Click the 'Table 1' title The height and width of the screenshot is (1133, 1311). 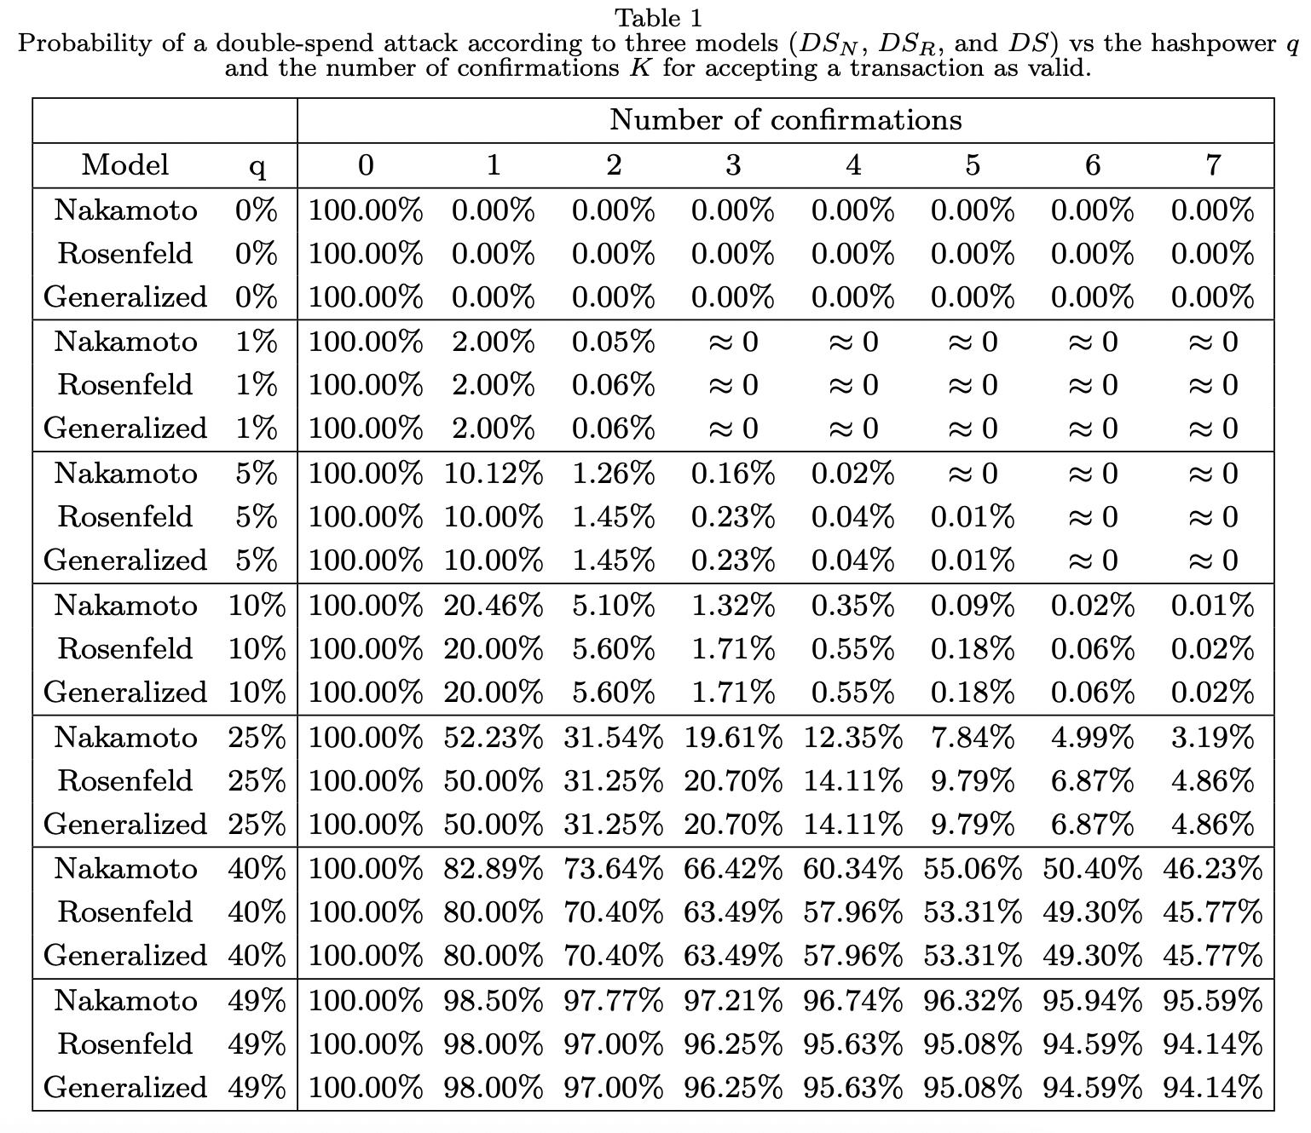[x=658, y=18]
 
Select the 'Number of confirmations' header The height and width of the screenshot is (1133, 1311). [x=785, y=120]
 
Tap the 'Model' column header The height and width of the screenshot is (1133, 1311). [x=125, y=165]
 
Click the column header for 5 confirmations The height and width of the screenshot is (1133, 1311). [x=973, y=165]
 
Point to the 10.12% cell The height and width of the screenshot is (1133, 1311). [x=493, y=474]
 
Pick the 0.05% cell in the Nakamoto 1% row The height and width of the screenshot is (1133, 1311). [x=613, y=342]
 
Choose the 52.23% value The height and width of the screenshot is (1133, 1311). [x=493, y=738]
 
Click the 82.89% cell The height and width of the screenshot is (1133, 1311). [x=493, y=869]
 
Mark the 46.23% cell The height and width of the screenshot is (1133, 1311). [x=1212, y=869]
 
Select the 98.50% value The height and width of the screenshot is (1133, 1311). [x=493, y=1000]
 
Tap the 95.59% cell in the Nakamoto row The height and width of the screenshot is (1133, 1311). [x=1212, y=1000]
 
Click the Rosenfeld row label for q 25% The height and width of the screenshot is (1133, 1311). [x=125, y=780]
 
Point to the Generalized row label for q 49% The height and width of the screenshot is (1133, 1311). [x=125, y=1087]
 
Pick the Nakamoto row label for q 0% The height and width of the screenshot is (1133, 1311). [x=125, y=210]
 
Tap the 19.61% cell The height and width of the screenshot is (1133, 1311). [x=732, y=738]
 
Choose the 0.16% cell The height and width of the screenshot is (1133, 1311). [x=732, y=474]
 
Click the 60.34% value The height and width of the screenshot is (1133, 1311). [x=852, y=869]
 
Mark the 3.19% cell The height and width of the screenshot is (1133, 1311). [x=1212, y=738]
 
